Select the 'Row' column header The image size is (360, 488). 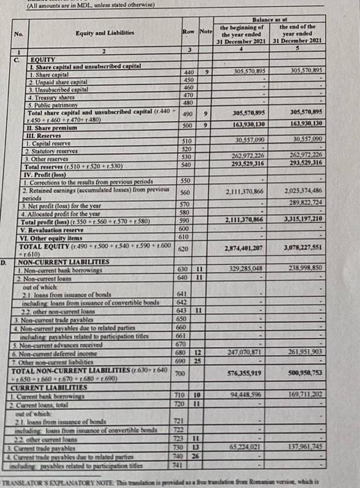coord(187,31)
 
